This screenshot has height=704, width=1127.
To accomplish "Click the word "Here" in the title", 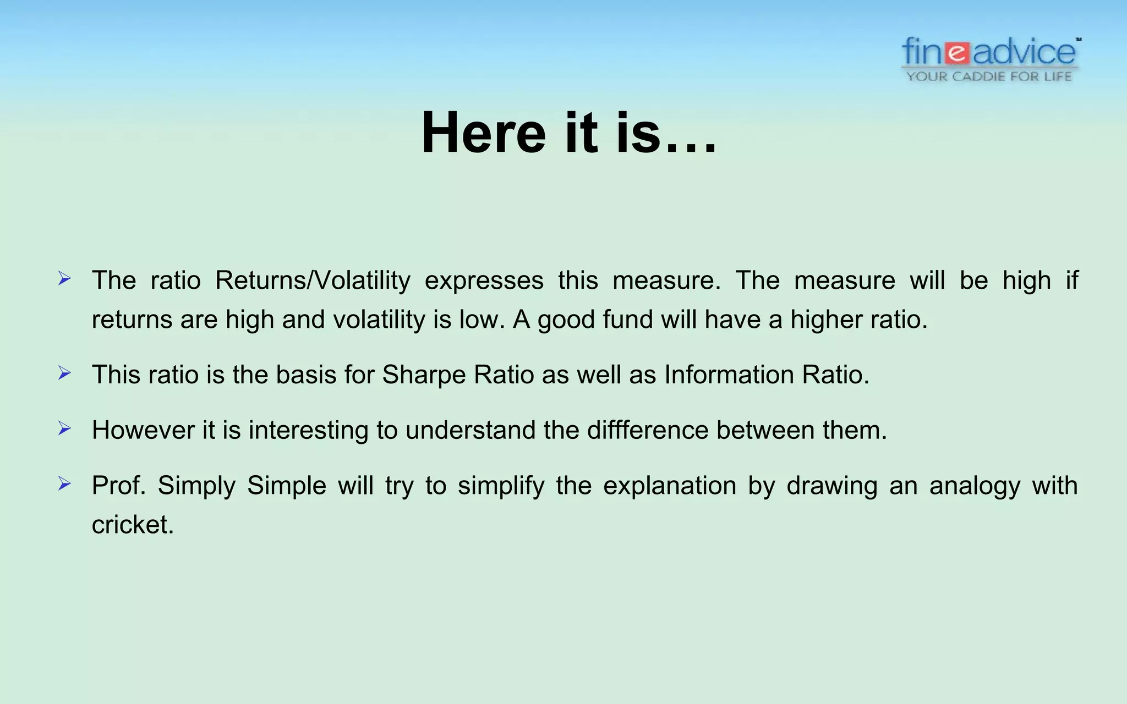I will [x=483, y=133].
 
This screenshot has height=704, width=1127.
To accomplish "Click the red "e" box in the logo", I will [x=958, y=53].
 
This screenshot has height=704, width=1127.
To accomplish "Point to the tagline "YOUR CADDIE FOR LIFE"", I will [x=989, y=76].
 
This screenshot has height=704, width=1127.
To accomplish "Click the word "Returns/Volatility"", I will [x=313, y=280].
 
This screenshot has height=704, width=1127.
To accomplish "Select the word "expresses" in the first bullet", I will [x=484, y=280].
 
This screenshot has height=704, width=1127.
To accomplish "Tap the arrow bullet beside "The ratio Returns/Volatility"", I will [x=64, y=279].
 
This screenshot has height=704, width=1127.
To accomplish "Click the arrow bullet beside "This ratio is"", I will [x=64, y=374].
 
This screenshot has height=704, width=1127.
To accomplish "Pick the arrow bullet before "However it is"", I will [x=64, y=429].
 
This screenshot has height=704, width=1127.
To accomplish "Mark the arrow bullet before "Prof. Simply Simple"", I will [x=64, y=485].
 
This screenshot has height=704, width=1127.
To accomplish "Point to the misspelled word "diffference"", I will [x=648, y=430].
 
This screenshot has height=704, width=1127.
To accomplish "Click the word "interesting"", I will [x=308, y=430].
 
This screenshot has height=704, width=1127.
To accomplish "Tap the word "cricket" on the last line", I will [x=132, y=525].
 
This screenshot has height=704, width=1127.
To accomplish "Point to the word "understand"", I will [x=471, y=430].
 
